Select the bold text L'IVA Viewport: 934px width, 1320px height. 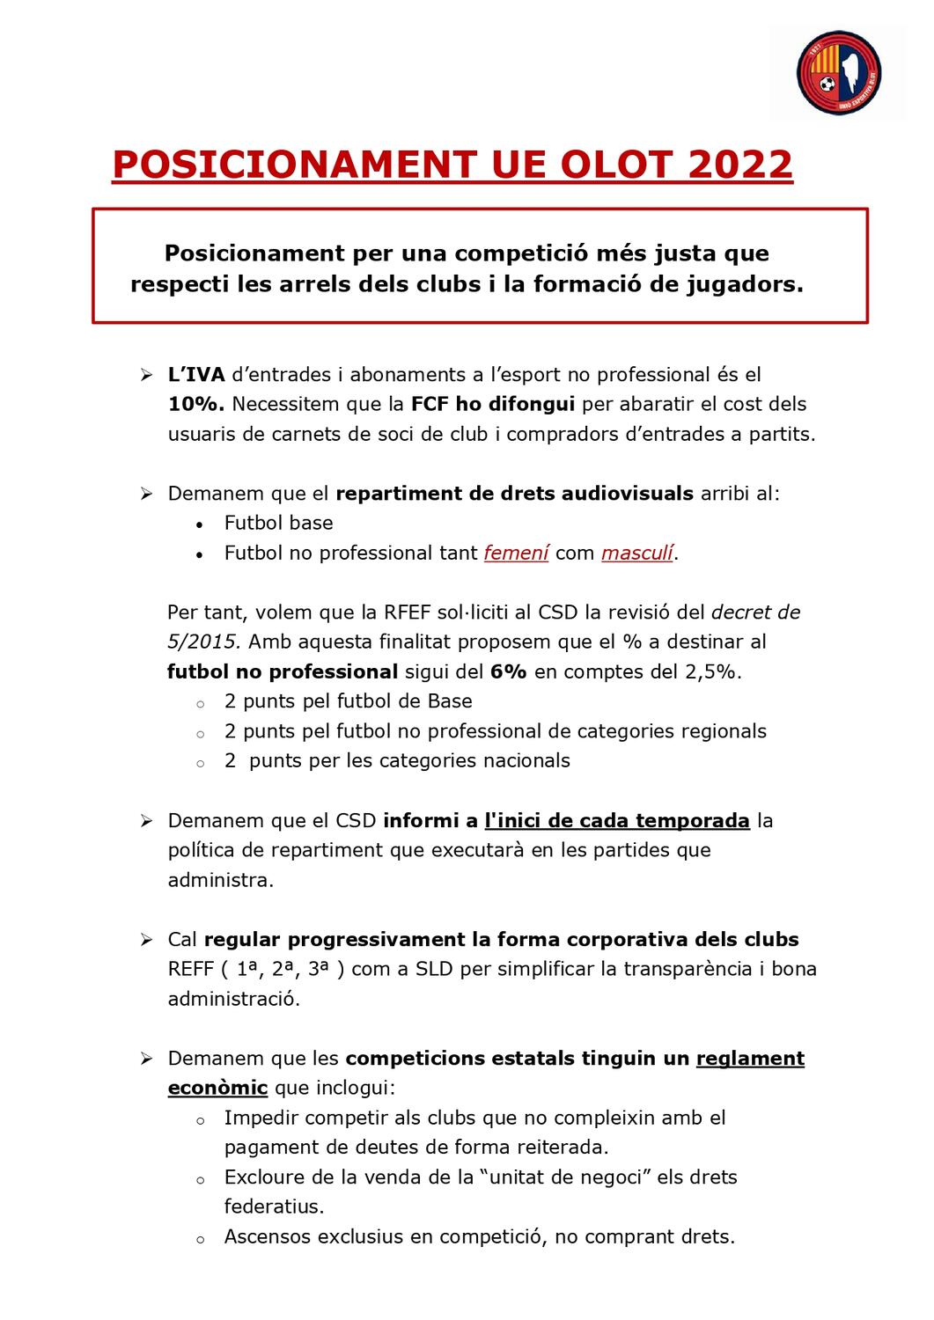click(196, 375)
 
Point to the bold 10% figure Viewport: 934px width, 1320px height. click(196, 405)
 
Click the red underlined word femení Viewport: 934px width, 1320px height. click(516, 553)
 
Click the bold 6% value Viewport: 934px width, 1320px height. click(509, 671)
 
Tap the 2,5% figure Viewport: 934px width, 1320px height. click(711, 671)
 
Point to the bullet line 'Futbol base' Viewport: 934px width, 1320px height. click(278, 523)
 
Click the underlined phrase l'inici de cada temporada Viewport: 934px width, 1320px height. click(616, 820)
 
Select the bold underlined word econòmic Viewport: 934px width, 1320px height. click(217, 1088)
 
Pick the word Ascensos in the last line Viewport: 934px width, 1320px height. click(267, 1236)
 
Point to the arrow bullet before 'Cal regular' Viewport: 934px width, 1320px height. click(146, 940)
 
